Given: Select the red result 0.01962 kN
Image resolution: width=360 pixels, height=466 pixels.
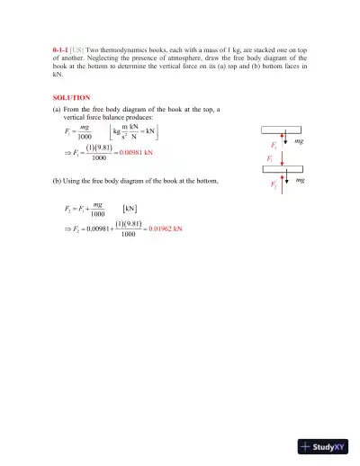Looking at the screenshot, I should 166,229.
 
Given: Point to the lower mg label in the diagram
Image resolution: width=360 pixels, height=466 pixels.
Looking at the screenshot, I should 301,181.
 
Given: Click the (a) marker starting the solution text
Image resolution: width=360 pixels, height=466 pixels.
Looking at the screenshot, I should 58,109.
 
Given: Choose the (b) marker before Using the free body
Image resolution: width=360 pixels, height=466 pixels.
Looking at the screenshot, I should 58,182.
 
